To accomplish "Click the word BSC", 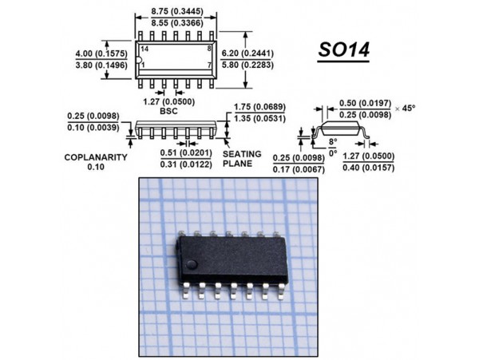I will tap(168, 113).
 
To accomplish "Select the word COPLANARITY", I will tap(96, 157).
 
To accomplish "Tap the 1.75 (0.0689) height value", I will tap(258, 107).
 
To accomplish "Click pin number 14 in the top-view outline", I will tap(144, 49).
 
